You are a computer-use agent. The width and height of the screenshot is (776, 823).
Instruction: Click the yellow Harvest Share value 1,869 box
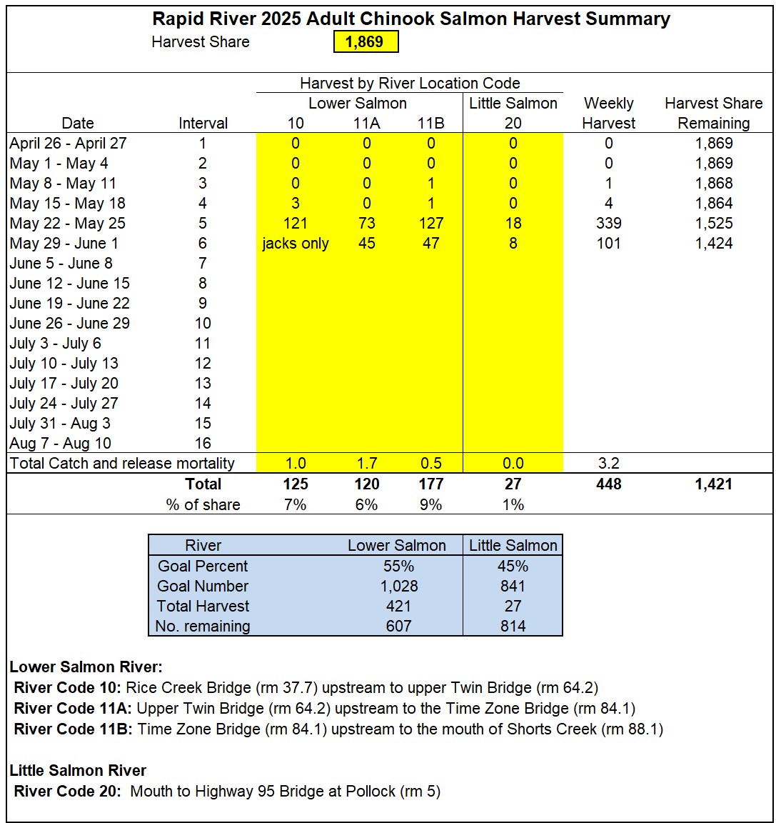(365, 42)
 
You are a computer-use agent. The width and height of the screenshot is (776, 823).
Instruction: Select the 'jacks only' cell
(295, 244)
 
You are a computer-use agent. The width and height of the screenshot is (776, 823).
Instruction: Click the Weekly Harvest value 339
(608, 224)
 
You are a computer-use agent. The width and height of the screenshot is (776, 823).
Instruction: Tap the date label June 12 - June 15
(69, 284)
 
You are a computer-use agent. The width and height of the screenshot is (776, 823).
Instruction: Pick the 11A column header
(366, 124)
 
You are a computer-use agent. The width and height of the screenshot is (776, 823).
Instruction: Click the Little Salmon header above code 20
(513, 104)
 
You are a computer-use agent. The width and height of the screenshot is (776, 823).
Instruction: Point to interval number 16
(203, 444)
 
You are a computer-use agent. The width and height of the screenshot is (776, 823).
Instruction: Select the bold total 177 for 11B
(430, 484)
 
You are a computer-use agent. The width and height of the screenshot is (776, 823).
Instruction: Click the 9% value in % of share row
(430, 505)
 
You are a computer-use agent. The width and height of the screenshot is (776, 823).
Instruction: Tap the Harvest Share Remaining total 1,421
(714, 484)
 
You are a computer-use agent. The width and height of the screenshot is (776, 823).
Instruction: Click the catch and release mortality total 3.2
(608, 464)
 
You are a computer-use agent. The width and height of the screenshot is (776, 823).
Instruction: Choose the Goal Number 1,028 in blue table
(398, 587)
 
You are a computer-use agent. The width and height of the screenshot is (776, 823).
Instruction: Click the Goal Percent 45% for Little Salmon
(513, 567)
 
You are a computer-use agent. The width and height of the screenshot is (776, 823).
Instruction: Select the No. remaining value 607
(398, 627)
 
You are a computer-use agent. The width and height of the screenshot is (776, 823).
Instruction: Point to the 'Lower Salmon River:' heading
(86, 667)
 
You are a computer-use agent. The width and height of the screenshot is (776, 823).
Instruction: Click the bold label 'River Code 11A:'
(73, 709)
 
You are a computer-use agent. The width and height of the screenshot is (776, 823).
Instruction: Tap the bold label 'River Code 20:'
(68, 792)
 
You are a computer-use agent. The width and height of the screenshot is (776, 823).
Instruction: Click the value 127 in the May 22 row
(430, 224)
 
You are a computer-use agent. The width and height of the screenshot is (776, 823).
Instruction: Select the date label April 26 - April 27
(68, 144)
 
